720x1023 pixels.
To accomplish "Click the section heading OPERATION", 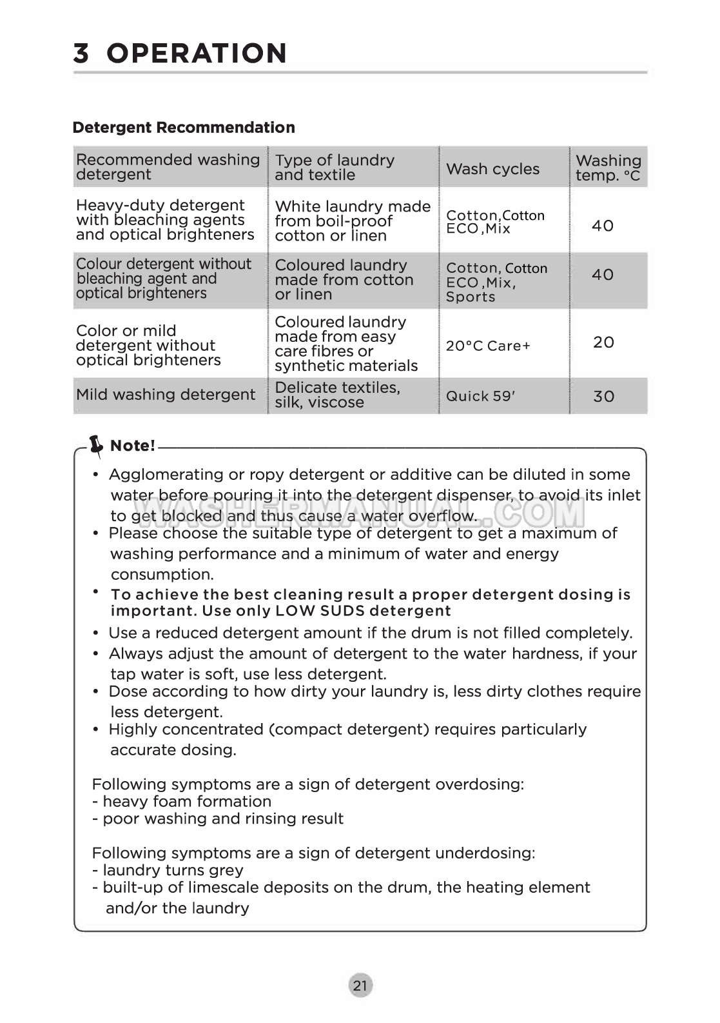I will (x=197, y=53).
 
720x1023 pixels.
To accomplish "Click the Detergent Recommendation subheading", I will (x=184, y=127).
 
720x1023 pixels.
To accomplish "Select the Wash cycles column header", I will (x=492, y=168).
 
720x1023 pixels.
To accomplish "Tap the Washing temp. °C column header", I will (x=608, y=168).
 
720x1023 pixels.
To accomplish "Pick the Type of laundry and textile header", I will (x=335, y=167).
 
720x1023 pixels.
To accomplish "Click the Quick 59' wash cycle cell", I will (x=480, y=396).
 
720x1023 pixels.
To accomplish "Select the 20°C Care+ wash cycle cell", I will (x=488, y=346).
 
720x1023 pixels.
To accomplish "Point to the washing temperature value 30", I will (x=603, y=396).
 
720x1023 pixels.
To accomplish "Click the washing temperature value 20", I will (x=603, y=342).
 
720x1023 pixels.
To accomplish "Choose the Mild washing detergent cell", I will (x=166, y=394).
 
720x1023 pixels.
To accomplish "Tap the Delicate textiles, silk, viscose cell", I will (x=337, y=395).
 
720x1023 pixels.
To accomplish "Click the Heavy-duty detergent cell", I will (x=165, y=220).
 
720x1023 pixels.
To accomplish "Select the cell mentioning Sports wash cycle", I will (x=496, y=283).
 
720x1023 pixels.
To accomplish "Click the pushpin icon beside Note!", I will (x=96, y=444).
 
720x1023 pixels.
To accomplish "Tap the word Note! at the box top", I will (x=132, y=446).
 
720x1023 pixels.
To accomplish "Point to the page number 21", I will (x=360, y=985).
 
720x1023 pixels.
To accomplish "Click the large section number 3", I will (x=81, y=53).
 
